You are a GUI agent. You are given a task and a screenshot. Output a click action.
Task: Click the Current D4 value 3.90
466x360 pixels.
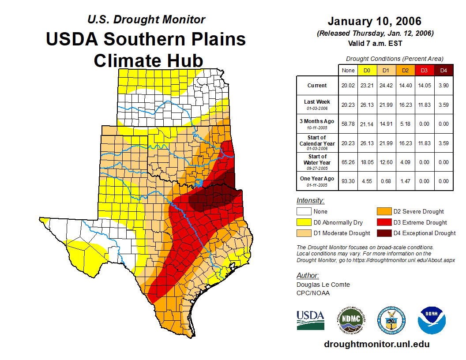pyautogui.click(x=443, y=86)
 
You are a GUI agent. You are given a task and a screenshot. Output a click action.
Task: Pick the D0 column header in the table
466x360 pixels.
pyautogui.click(x=367, y=70)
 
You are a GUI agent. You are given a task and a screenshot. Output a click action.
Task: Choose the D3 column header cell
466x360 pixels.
pyautogui.click(x=425, y=70)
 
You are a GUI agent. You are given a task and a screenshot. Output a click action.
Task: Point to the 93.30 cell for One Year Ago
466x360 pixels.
pyautogui.click(x=348, y=181)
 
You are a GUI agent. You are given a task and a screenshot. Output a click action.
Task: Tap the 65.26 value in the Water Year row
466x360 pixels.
pyautogui.click(x=348, y=162)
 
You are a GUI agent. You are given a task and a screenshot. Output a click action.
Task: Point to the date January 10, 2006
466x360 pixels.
pyautogui.click(x=374, y=21)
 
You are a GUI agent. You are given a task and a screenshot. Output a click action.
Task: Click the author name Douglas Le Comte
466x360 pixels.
pyautogui.click(x=323, y=285)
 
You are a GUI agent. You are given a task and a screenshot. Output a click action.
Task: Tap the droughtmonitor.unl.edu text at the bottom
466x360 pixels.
pyautogui.click(x=376, y=344)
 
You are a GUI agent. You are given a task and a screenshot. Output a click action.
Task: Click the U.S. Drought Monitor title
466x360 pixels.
pyautogui.click(x=146, y=19)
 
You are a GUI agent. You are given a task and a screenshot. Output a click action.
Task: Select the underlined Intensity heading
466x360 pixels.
pyautogui.click(x=310, y=201)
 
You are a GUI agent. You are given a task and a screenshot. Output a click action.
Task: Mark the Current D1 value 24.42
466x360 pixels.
pyautogui.click(x=386, y=86)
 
